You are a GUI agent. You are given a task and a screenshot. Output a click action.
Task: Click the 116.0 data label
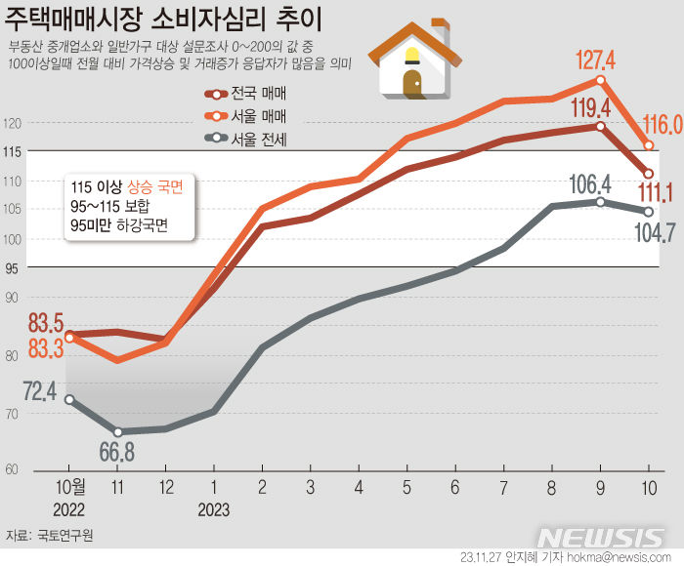point(662,125)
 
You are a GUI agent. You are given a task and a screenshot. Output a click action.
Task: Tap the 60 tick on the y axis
point(11,469)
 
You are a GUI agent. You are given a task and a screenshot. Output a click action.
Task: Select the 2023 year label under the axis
point(212,509)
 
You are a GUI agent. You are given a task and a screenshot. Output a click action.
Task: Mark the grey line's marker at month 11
point(117,431)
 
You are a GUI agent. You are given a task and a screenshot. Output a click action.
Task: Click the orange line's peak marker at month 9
point(599,80)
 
